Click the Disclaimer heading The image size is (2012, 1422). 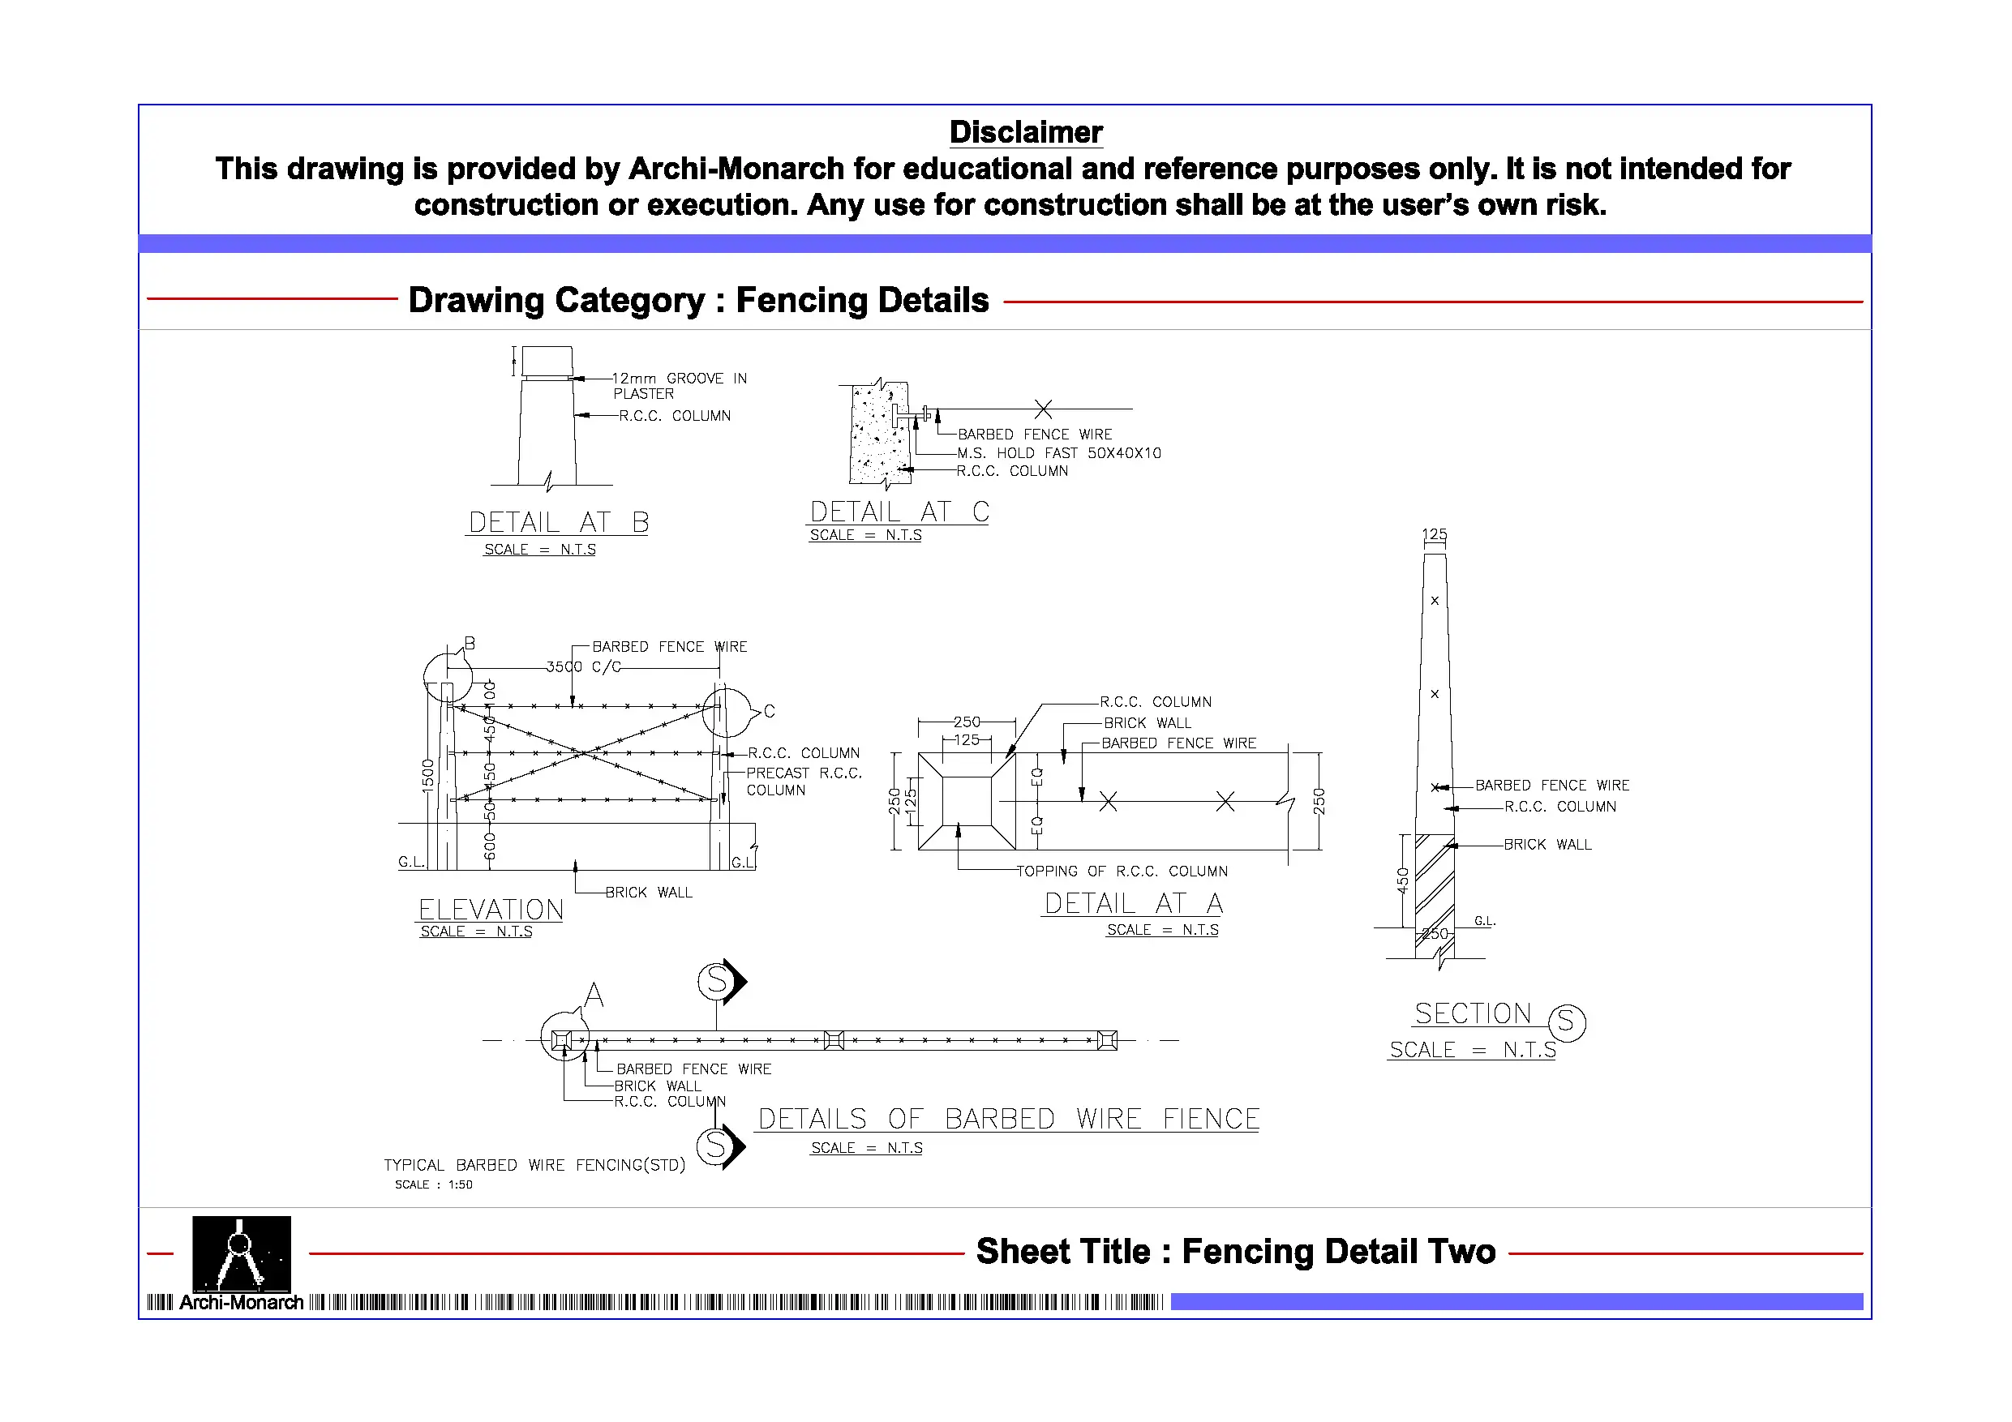click(1025, 132)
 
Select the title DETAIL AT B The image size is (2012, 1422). click(558, 522)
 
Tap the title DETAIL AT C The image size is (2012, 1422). click(899, 512)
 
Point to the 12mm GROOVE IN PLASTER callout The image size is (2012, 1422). click(678, 386)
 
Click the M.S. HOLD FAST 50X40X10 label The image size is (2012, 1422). click(1058, 453)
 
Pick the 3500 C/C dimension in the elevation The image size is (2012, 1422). click(583, 666)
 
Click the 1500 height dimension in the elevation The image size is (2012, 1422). click(427, 775)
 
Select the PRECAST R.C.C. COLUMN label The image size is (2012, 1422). click(804, 782)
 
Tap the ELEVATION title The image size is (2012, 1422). click(491, 910)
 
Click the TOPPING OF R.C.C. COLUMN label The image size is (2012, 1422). click(1122, 871)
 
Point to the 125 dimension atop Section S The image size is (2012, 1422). click(1434, 533)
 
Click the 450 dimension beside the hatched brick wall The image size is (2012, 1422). click(1402, 880)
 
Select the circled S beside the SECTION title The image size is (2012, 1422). click(1567, 1022)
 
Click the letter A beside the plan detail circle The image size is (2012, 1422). click(594, 995)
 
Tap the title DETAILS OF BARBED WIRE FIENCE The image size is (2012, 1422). click(1008, 1119)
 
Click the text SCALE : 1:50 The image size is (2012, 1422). click(433, 1184)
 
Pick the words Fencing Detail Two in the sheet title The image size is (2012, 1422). click(1338, 1251)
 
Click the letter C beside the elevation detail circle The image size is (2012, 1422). click(769, 710)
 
